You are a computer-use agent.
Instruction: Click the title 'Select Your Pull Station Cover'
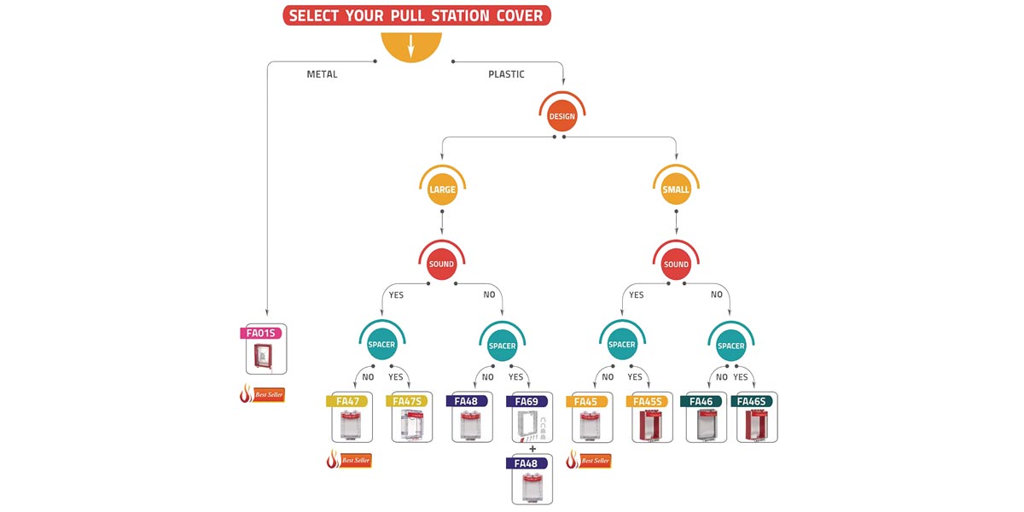pyautogui.click(x=417, y=15)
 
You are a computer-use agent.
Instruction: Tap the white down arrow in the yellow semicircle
pyautogui.click(x=411, y=46)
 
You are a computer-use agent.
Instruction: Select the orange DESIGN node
pyautogui.click(x=561, y=115)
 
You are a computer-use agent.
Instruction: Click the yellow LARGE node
pyautogui.click(x=442, y=189)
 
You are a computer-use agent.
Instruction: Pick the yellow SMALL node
pyautogui.click(x=676, y=189)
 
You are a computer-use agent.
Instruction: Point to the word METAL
pyautogui.click(x=322, y=74)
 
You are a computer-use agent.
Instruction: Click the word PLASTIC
pyautogui.click(x=506, y=74)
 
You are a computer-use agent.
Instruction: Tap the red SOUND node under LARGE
pyautogui.click(x=441, y=264)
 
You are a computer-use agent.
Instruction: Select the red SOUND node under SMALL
pyautogui.click(x=676, y=264)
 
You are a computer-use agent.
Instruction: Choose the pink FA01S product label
pyautogui.click(x=261, y=333)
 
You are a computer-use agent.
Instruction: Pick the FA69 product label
pyautogui.click(x=527, y=401)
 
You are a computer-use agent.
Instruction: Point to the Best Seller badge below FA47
pyautogui.click(x=349, y=461)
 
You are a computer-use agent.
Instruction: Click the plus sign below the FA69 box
pyautogui.click(x=532, y=449)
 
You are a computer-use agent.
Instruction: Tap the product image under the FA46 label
pyautogui.click(x=701, y=425)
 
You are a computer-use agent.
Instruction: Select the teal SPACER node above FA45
pyautogui.click(x=621, y=345)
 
